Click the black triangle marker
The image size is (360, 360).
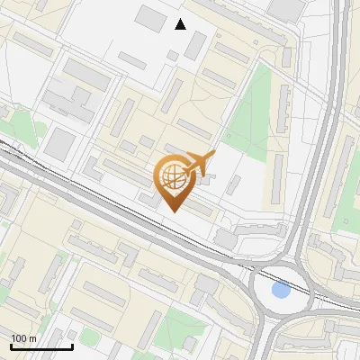[181, 24]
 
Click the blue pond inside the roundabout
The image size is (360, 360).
[281, 290]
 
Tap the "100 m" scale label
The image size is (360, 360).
[23, 338]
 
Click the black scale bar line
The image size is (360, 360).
[41, 346]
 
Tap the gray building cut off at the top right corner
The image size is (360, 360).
[286, 8]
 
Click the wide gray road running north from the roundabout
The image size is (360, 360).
[328, 135]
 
